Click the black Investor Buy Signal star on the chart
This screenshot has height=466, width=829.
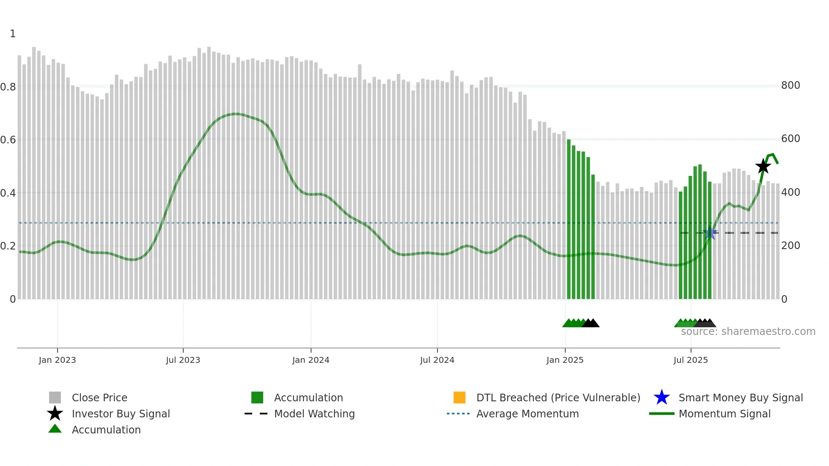763,166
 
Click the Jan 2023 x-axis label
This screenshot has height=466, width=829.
57,360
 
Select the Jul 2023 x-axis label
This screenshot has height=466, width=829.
183,360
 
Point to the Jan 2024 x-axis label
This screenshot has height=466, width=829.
310,360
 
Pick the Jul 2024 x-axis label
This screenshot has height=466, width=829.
437,360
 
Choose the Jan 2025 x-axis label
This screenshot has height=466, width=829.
565,360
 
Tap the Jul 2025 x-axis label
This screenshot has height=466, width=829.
690,360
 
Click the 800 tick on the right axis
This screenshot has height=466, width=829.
791,85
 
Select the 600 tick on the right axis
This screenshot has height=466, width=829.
791,139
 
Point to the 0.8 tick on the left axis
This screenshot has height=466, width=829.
8,87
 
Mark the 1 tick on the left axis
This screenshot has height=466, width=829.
13,34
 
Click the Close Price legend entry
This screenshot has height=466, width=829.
99,397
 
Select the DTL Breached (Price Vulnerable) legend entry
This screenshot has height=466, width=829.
558,397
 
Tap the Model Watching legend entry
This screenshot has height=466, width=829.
314,414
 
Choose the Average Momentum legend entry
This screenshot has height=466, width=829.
527,414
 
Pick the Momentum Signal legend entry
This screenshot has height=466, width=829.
725,414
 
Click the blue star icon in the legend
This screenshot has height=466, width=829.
662,397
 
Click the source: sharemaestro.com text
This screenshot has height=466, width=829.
748,332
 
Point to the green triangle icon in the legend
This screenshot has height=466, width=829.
55,429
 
